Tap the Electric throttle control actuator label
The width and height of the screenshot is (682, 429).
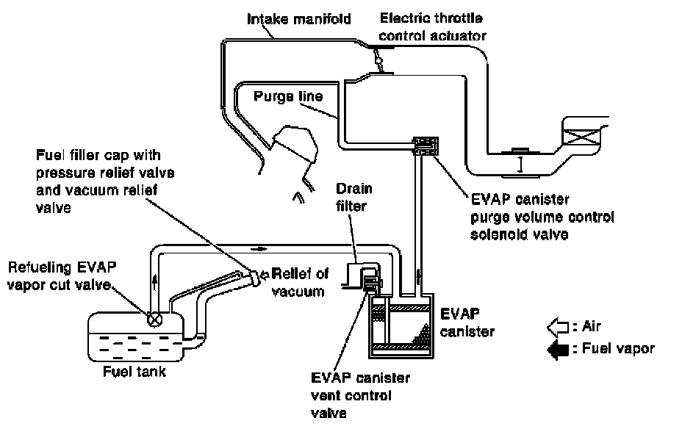pyautogui.click(x=440, y=26)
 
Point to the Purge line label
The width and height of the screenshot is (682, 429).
pyautogui.click(x=284, y=97)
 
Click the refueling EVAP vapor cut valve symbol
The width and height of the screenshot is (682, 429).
pyautogui.click(x=155, y=320)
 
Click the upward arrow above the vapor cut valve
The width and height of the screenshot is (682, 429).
pyautogui.click(x=154, y=281)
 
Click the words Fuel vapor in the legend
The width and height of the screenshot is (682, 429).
pyautogui.click(x=617, y=349)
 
